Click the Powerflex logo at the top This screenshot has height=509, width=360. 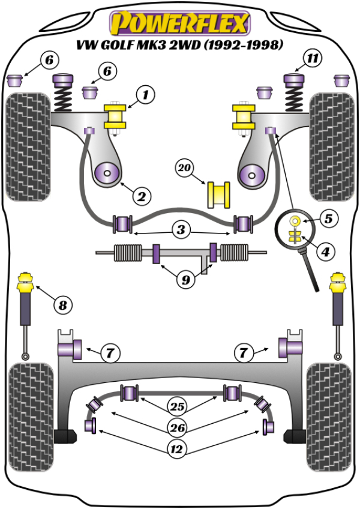click(178, 23)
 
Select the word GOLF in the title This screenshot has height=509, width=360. click(137, 46)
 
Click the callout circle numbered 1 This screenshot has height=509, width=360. click(145, 94)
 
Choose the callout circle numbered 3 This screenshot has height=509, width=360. click(181, 229)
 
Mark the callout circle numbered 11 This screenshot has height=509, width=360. click(311, 59)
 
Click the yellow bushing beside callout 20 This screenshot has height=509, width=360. click(220, 194)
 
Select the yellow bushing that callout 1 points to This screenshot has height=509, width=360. click(116, 117)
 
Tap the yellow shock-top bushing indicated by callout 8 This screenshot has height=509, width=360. click(26, 282)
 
